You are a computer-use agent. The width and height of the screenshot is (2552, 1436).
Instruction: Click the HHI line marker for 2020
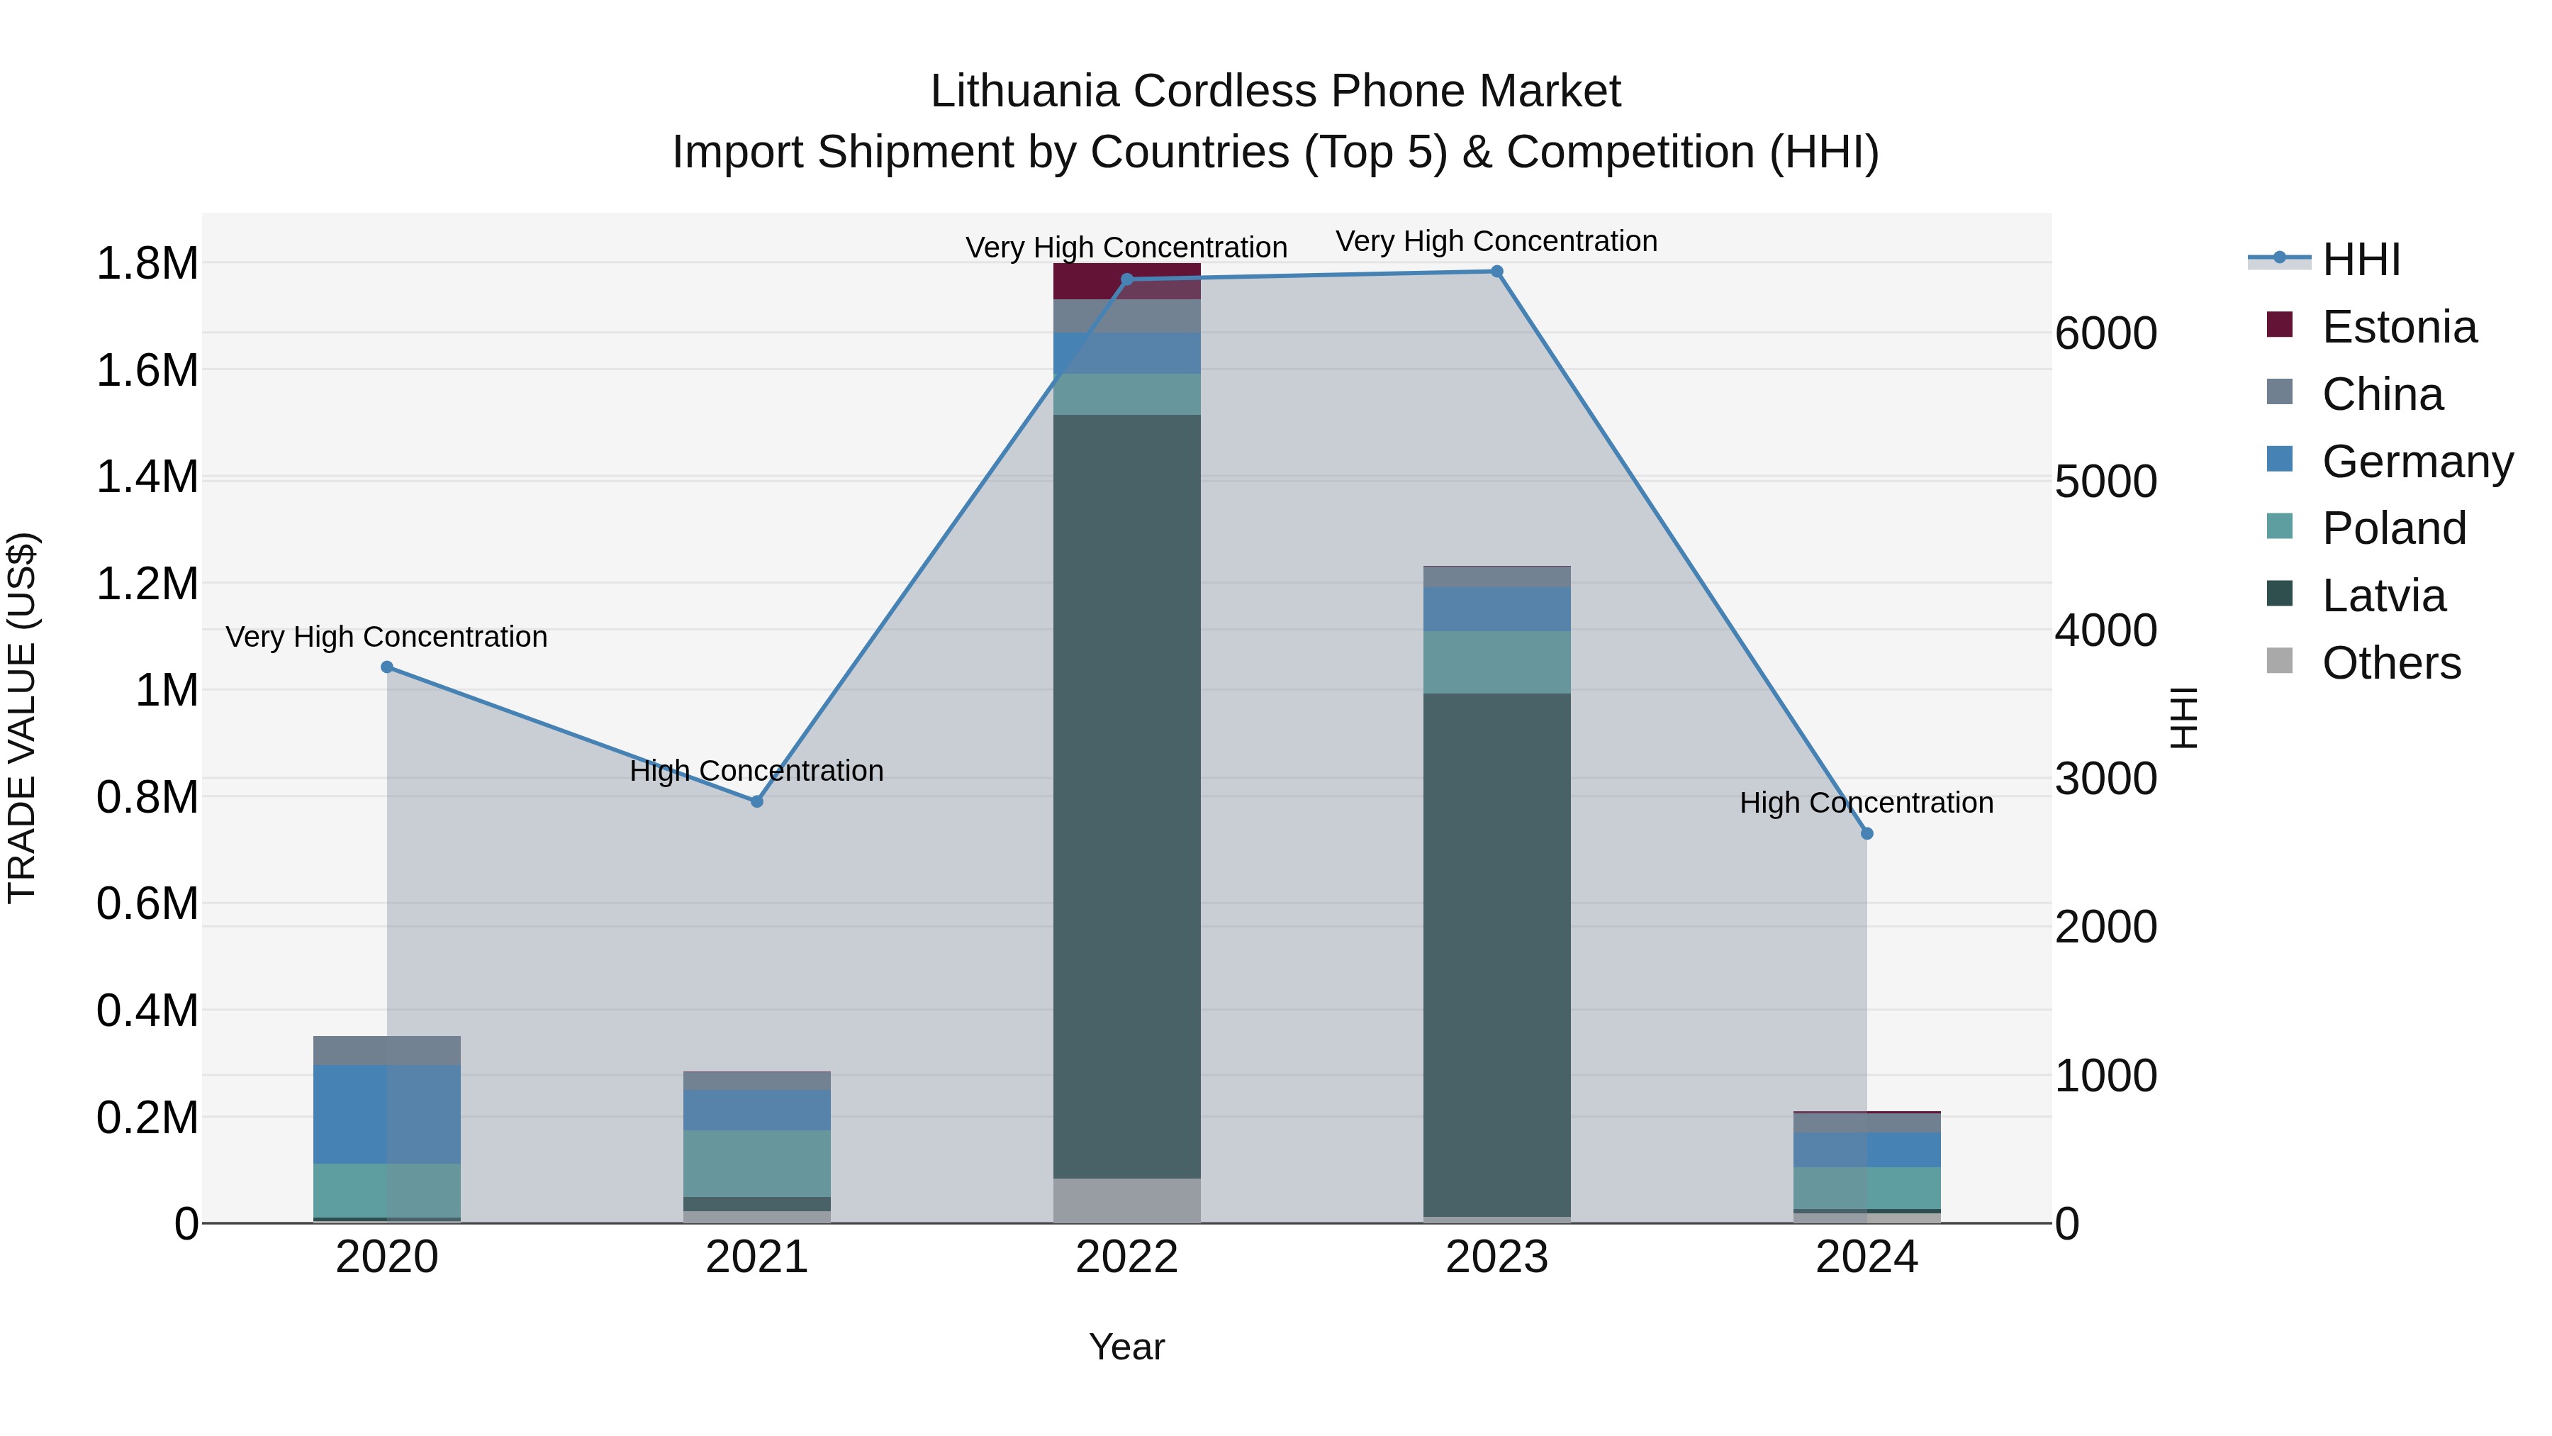(x=387, y=667)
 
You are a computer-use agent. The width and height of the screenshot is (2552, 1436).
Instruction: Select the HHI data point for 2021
(x=757, y=801)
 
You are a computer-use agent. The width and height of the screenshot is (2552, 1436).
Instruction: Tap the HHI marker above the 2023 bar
(x=1497, y=272)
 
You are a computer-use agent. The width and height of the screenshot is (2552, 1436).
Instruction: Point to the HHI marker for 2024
(x=1867, y=833)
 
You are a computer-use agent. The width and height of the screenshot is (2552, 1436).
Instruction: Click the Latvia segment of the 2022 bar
(x=1126, y=793)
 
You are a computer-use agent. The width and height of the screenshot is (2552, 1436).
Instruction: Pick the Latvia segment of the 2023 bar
(x=1497, y=952)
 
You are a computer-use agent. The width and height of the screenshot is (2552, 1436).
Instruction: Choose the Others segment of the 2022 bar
(x=1126, y=1199)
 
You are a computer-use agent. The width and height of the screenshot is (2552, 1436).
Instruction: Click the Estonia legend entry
(x=2397, y=327)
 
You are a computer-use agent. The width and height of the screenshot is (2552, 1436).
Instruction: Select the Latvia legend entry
(x=2383, y=596)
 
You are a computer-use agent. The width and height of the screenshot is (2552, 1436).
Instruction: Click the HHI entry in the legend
(x=2360, y=260)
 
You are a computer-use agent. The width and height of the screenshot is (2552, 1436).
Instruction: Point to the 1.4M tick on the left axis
(x=147, y=477)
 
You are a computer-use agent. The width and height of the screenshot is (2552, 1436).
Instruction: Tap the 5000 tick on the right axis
(x=2105, y=482)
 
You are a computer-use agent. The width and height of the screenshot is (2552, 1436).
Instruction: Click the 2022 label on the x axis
(x=1126, y=1257)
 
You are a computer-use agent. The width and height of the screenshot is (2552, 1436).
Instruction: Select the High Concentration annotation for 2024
(x=1867, y=803)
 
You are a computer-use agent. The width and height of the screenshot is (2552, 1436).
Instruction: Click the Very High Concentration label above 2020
(x=386, y=636)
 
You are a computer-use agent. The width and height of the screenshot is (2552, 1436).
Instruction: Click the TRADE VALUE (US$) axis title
(x=22, y=718)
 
